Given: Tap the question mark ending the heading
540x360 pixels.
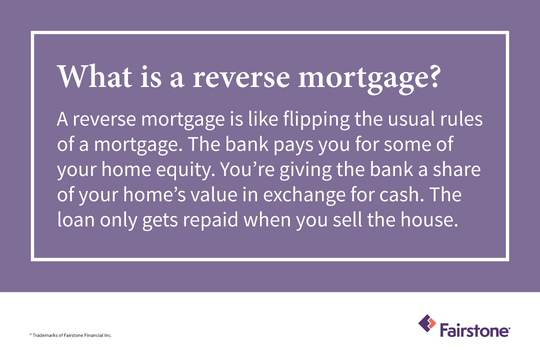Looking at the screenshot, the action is tap(434, 76).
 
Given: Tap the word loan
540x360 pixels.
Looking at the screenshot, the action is tap(76, 219).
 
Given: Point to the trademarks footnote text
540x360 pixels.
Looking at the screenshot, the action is tap(70, 335).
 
